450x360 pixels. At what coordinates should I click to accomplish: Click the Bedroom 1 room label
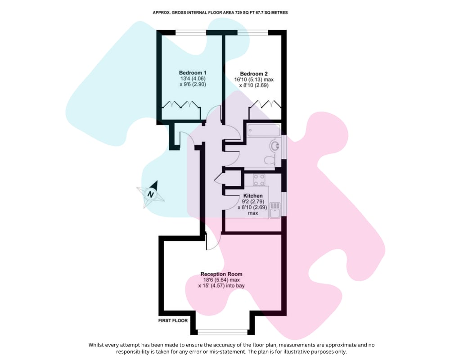pyautogui.click(x=193, y=73)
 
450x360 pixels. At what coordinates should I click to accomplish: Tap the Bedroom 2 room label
pyautogui.click(x=254, y=74)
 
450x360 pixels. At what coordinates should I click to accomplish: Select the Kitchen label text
pyautogui.click(x=253, y=196)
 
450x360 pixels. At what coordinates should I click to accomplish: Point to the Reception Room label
pyautogui.click(x=221, y=274)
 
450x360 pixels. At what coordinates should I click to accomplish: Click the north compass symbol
pyautogui.click(x=151, y=194)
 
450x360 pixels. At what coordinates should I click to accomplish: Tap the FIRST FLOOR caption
pyautogui.click(x=173, y=320)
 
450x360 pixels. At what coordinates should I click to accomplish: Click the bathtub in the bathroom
pyautogui.click(x=263, y=130)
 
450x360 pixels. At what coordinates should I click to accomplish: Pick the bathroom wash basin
pyautogui.click(x=274, y=145)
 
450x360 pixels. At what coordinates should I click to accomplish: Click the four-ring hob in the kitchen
pyautogui.click(x=259, y=180)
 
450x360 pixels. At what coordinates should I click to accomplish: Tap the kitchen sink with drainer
pyautogui.click(x=274, y=210)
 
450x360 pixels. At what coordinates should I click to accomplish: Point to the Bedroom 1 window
pyautogui.click(x=191, y=32)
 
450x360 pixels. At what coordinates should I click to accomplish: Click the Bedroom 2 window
pyautogui.click(x=252, y=32)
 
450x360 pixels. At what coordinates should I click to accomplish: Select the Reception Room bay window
pyautogui.click(x=223, y=332)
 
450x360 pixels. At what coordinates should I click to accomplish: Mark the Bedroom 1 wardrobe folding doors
pyautogui.click(x=181, y=104)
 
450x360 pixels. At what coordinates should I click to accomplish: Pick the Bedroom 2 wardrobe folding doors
pyautogui.click(x=265, y=104)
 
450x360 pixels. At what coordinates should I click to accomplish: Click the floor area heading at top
pyautogui.click(x=220, y=13)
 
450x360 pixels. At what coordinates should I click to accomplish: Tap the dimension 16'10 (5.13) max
pyautogui.click(x=254, y=80)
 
